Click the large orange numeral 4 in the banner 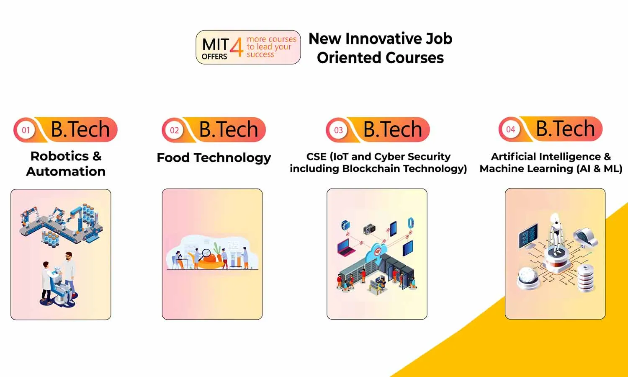tap(237, 47)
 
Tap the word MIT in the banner tap(215, 45)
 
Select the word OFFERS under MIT tap(214, 57)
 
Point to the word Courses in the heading tap(414, 58)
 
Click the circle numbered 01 tap(26, 130)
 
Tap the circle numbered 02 tap(175, 130)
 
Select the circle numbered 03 tap(338, 130)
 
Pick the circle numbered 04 tap(510, 129)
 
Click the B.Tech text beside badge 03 tap(393, 129)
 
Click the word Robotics tap(59, 156)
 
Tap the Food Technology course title tap(214, 158)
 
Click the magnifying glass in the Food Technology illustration tap(206, 253)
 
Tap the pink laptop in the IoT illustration tap(346, 248)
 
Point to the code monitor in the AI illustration tap(528, 236)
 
